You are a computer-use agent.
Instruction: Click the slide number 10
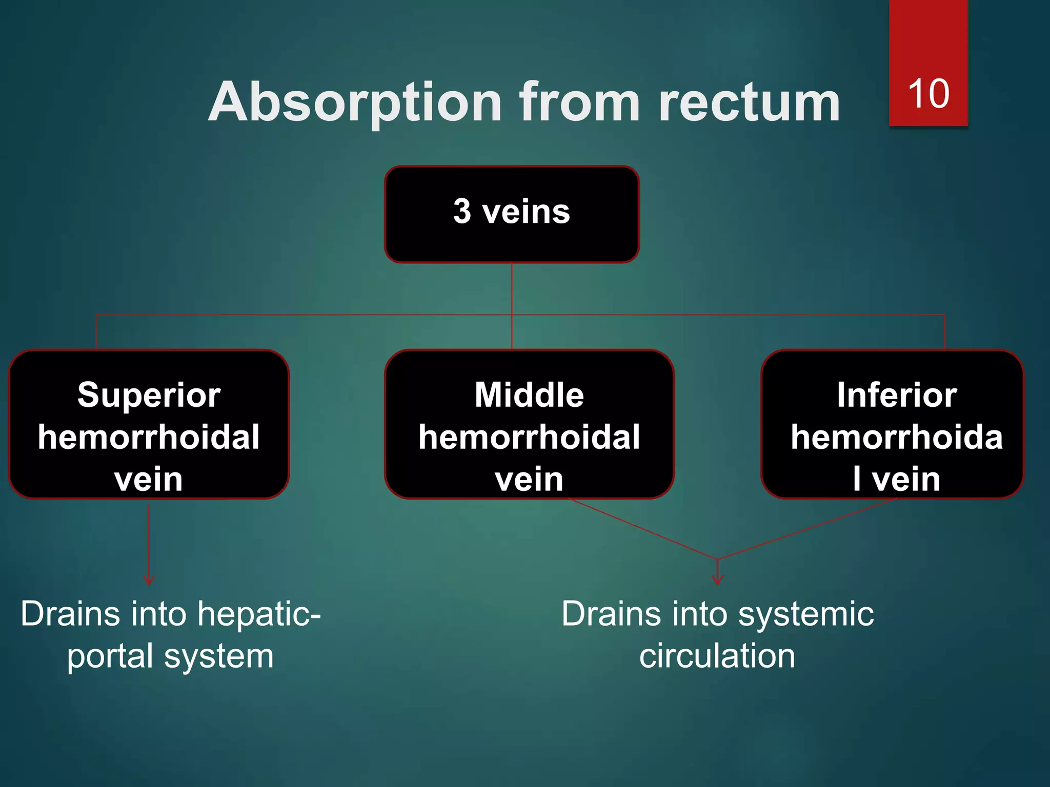click(928, 94)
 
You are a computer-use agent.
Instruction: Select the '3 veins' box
click(512, 214)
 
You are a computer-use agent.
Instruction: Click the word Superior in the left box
click(149, 396)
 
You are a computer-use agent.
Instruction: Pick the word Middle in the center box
click(529, 395)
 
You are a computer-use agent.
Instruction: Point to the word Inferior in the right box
click(897, 395)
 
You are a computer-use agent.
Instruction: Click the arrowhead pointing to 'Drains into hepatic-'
click(149, 581)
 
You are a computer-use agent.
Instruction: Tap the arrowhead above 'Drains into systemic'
click(717, 580)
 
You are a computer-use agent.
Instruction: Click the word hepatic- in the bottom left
click(259, 614)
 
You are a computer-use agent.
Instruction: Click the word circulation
click(717, 656)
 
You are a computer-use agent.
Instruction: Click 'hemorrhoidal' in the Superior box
click(149, 437)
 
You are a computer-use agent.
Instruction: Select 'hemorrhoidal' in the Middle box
click(529, 437)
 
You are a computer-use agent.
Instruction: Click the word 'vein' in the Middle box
click(529, 479)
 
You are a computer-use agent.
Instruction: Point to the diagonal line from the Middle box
click(643, 529)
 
